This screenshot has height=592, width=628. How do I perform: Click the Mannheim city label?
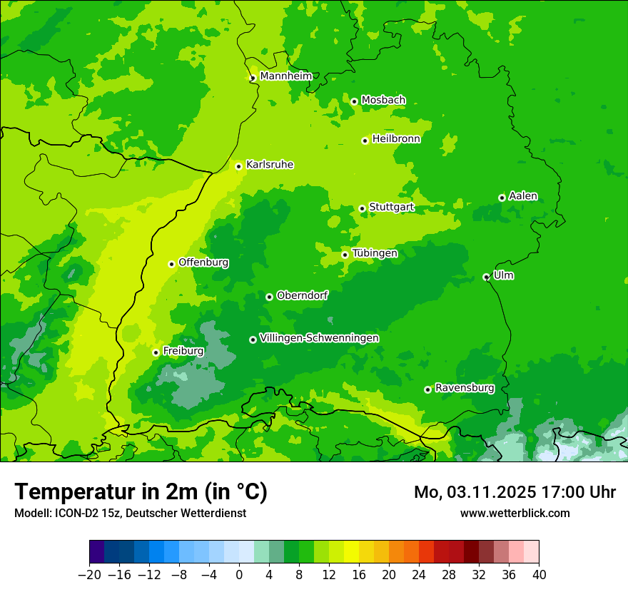286,76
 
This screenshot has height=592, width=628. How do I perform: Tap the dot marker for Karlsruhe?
239,166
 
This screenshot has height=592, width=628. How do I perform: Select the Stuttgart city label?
391,208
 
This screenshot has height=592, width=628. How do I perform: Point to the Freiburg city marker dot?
156,352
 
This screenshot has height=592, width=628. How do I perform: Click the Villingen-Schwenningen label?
319,338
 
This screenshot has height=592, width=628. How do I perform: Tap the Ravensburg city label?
465,388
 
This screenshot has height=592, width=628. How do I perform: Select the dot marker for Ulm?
486,277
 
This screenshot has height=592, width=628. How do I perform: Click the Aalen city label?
523,196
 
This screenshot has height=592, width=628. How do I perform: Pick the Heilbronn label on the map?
396,139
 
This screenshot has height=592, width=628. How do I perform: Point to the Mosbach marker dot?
354,101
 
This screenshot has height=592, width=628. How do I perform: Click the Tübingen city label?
375,253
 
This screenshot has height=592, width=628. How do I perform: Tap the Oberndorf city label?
303,295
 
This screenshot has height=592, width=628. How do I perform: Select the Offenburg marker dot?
171,264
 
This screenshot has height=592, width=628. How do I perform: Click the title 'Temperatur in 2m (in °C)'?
141,491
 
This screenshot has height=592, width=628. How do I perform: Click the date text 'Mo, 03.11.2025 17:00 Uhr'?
515,492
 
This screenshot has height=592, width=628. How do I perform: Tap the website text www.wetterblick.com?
515,513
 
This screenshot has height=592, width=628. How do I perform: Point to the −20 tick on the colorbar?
90,575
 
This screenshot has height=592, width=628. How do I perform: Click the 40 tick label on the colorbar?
539,575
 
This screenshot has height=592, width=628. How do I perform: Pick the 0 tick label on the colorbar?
239,575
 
